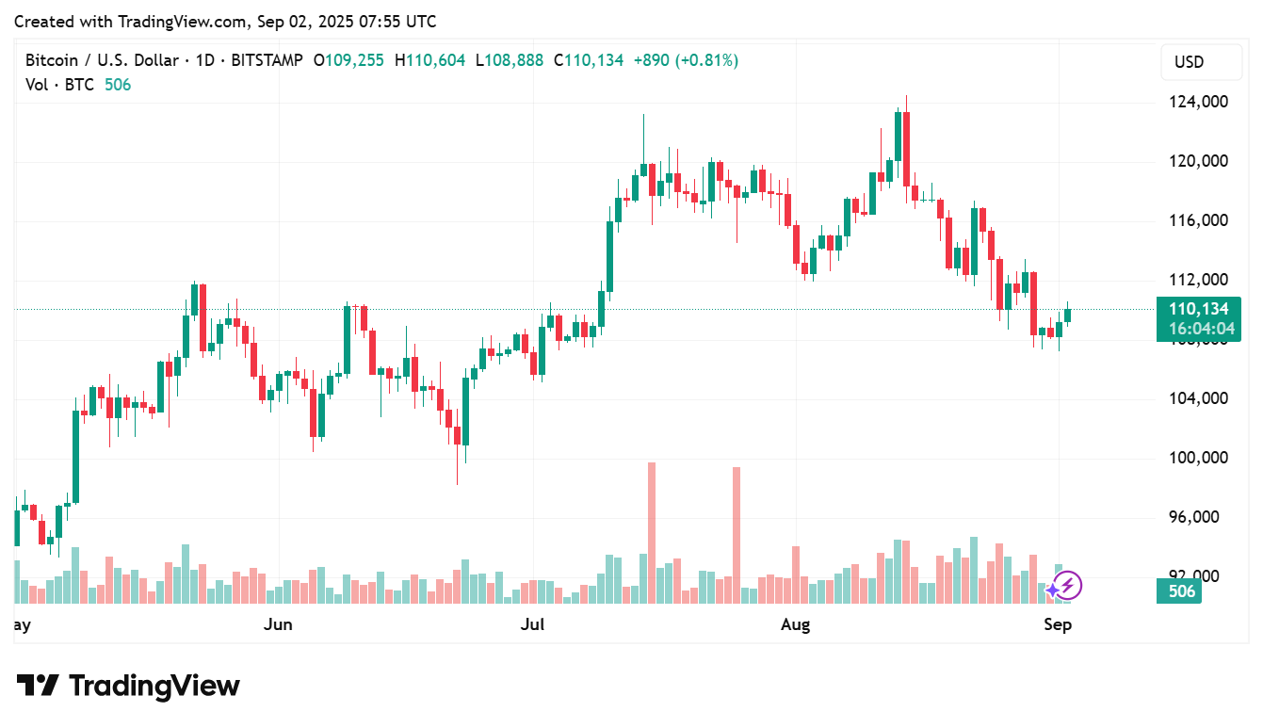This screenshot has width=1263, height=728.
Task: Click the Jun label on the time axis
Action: coord(279,624)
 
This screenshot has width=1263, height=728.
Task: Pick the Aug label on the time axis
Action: coord(797,624)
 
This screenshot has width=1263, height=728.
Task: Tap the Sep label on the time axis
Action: coord(1058,624)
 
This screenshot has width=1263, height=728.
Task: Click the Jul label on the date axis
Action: coord(534,624)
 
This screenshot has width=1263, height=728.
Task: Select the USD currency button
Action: coord(1189,62)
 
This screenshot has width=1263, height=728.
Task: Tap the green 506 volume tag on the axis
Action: coord(1181,591)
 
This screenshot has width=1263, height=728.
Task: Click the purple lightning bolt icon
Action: coord(1066,587)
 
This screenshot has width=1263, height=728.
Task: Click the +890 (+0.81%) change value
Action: coord(686,60)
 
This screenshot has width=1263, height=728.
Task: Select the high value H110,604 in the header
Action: coord(429,60)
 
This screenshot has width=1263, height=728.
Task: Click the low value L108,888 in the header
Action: coord(510,60)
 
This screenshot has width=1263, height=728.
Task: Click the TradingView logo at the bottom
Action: coord(128,686)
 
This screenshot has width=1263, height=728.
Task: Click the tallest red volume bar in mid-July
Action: coord(651,532)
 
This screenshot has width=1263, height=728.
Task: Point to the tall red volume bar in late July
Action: coord(736,535)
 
